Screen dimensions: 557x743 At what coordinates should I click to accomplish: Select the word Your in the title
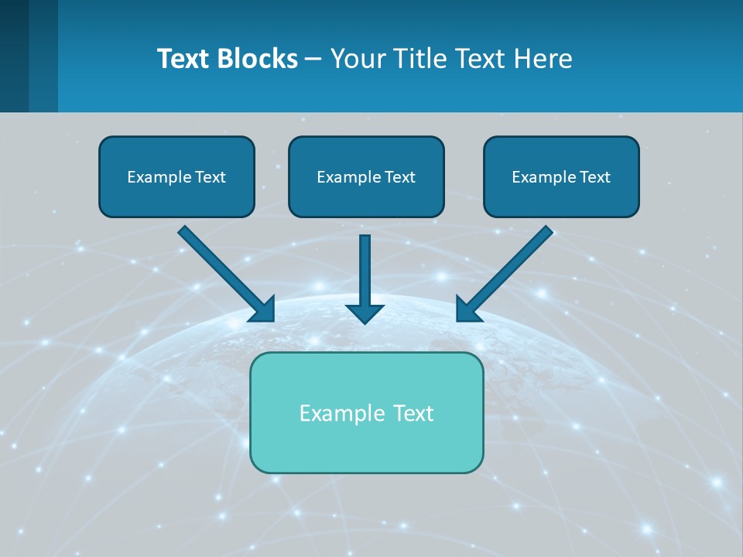(x=358, y=59)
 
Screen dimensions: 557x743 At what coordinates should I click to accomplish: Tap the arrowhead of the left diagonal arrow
(x=264, y=309)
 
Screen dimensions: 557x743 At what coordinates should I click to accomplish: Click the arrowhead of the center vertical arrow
(x=365, y=313)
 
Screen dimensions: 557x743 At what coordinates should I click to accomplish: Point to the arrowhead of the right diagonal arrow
(x=467, y=309)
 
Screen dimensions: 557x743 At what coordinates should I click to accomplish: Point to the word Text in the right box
(x=594, y=177)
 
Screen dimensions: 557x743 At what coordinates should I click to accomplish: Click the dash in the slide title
(x=313, y=59)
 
